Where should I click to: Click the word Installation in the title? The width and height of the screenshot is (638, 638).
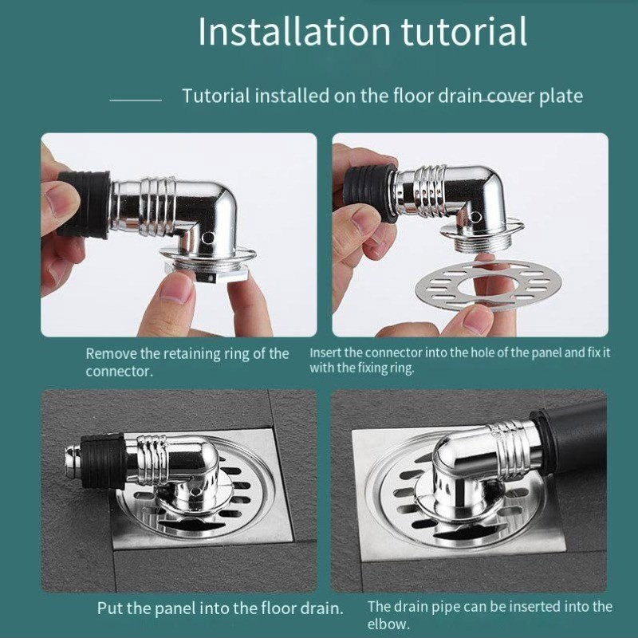pos(294,31)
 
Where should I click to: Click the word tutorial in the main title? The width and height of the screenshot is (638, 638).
pos(464,31)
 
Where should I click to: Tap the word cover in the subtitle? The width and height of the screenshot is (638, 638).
pos(509,96)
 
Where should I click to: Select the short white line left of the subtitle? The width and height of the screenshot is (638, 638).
pos(136,100)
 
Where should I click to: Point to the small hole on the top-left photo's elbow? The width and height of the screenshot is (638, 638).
pos(210,236)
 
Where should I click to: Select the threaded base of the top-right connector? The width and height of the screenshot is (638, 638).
pos(481,243)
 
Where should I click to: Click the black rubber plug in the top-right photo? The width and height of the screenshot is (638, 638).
pos(369,192)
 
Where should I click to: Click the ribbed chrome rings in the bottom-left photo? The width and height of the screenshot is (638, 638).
pos(153,458)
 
